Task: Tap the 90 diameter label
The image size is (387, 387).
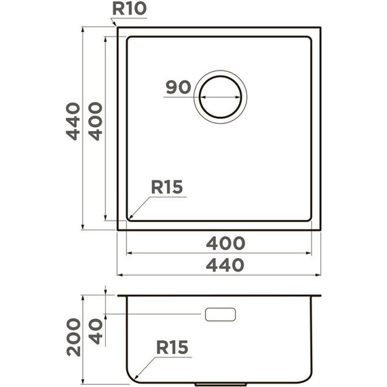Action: [x=177, y=88]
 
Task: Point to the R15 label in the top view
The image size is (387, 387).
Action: [x=167, y=187]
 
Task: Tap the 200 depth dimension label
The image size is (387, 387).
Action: [x=73, y=337]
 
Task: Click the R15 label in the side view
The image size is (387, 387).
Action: [x=172, y=348]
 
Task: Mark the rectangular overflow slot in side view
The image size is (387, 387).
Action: [x=221, y=314]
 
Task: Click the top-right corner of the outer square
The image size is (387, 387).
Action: [x=320, y=27]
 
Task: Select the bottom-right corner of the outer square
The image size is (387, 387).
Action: [x=320, y=229]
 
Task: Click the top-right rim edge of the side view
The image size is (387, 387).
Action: [x=320, y=296]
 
